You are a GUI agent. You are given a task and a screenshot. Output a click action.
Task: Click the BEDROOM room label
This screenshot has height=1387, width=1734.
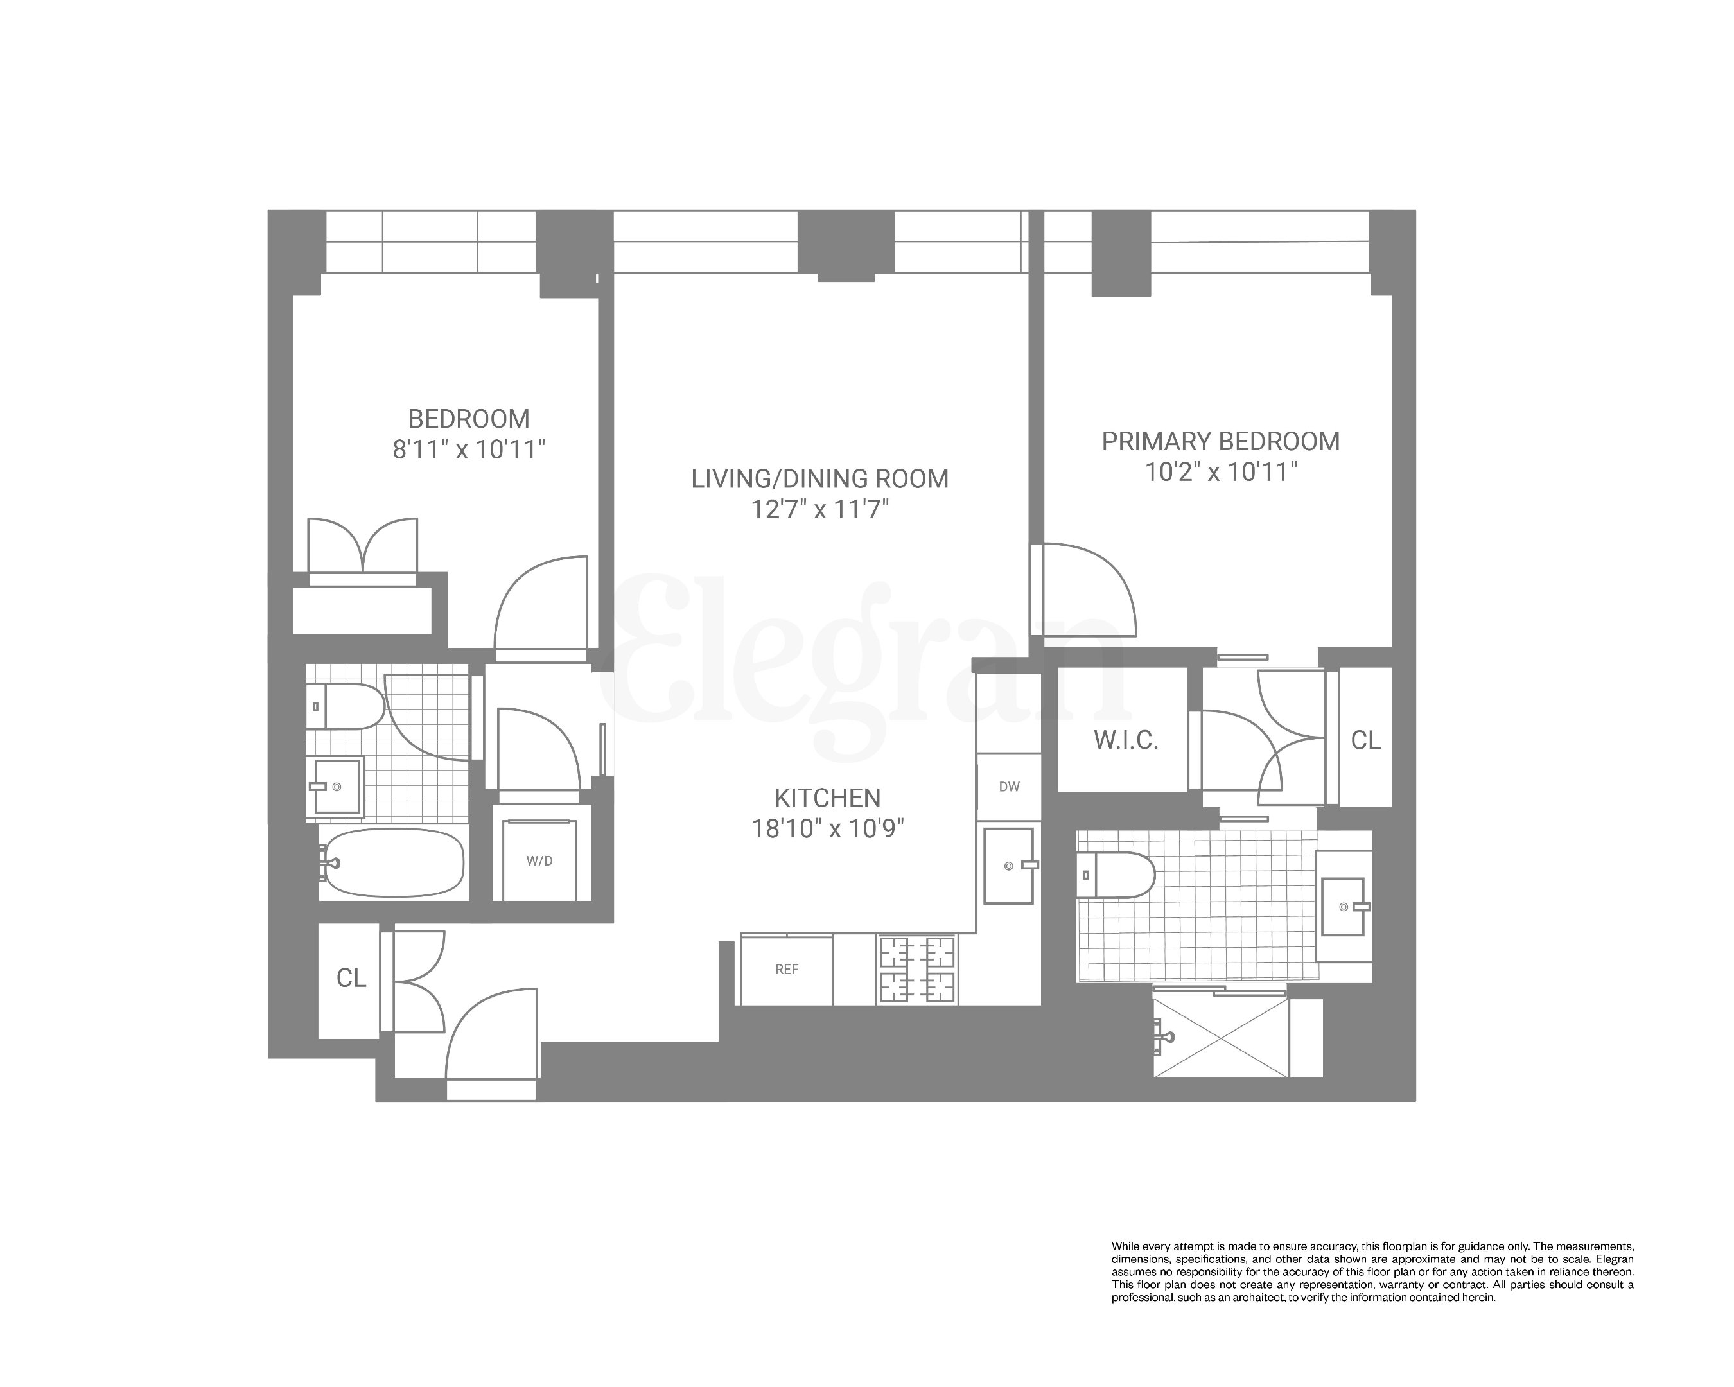(x=469, y=419)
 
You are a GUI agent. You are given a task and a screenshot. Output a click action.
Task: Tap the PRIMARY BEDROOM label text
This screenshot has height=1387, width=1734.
(x=1220, y=441)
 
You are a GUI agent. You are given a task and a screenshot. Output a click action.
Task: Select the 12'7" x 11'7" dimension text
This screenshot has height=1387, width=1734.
(x=819, y=510)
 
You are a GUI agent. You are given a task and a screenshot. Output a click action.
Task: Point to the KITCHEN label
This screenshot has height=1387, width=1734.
(x=828, y=798)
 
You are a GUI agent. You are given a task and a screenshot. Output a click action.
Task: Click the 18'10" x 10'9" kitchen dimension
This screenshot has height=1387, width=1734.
(x=828, y=828)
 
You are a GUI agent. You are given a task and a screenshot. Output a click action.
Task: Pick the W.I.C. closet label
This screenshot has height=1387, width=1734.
(x=1125, y=740)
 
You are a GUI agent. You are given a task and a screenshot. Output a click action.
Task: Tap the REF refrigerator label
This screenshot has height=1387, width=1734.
(x=786, y=970)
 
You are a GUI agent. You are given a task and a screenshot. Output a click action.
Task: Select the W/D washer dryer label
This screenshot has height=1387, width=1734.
(x=539, y=861)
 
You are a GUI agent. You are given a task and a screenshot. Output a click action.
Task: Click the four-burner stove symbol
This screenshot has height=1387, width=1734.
(x=917, y=970)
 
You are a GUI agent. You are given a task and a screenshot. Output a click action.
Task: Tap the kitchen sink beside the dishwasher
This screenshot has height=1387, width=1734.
(x=1008, y=865)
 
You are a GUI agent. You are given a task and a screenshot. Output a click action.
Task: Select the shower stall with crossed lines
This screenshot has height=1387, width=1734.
(x=1221, y=1037)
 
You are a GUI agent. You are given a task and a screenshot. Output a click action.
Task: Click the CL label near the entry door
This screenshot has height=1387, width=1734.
(x=351, y=978)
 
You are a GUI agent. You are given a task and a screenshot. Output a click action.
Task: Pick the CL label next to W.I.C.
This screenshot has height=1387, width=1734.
(x=1365, y=740)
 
